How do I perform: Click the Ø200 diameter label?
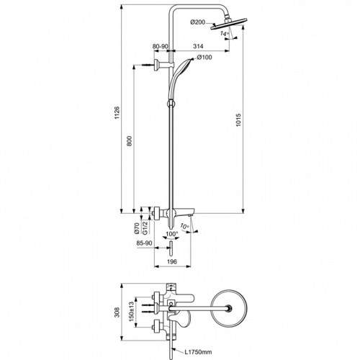pyautogui.click(x=198, y=22)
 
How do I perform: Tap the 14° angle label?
pyautogui.click(x=225, y=33)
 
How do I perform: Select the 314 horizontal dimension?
pyautogui.click(x=198, y=46)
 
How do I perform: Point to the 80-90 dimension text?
pyautogui.click(x=161, y=46)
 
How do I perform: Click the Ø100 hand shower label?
pyautogui.click(x=204, y=57)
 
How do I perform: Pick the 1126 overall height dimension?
pyautogui.click(x=117, y=113)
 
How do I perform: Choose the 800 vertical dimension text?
pyautogui.click(x=129, y=141)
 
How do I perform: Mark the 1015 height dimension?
pyautogui.click(x=239, y=120)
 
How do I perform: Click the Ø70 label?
pyautogui.click(x=137, y=228)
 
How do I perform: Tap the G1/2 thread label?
pyautogui.click(x=145, y=228)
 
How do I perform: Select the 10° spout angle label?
pyautogui.click(x=184, y=226)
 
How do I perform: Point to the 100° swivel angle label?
pyautogui.click(x=172, y=233)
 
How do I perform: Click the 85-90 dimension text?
pyautogui.click(x=144, y=243)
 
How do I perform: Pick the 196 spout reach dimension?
pyautogui.click(x=172, y=261)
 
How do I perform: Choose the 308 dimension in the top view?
pyautogui.click(x=117, y=312)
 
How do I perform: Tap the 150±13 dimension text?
pyautogui.click(x=132, y=312)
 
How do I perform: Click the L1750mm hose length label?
pyautogui.click(x=198, y=352)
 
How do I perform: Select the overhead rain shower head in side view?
pyautogui.click(x=228, y=24)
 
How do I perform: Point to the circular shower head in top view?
pyautogui.click(x=229, y=308)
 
